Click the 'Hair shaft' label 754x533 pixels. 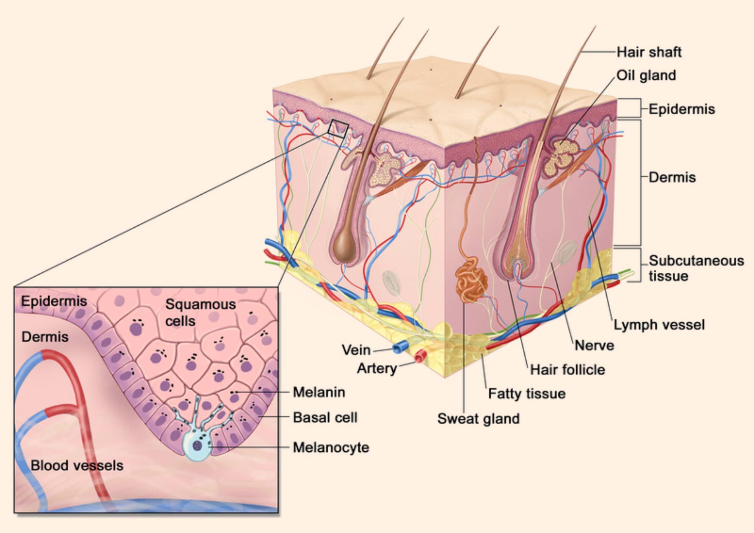[x=649, y=52]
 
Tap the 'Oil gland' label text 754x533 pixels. [x=646, y=75]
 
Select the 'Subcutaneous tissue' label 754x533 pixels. [x=696, y=268]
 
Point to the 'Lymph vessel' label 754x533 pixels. [x=659, y=325]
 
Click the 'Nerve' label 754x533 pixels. [x=594, y=345]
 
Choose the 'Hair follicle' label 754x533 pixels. [x=567, y=370]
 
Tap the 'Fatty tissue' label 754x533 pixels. [x=527, y=394]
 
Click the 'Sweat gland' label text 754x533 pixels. [x=478, y=419]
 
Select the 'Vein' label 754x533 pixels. [x=356, y=350]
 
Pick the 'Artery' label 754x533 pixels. [x=377, y=369]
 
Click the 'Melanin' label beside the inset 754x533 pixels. [x=319, y=392]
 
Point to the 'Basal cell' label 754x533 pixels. [x=325, y=417]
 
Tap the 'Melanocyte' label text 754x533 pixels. [x=331, y=447]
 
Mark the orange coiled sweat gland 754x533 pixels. [x=471, y=280]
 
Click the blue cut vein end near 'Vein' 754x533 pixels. [x=400, y=347]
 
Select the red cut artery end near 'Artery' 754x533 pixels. [x=420, y=356]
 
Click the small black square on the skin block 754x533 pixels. [x=338, y=129]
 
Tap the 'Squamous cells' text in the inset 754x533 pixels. [x=200, y=312]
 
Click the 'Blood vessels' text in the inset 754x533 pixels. [x=77, y=465]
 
